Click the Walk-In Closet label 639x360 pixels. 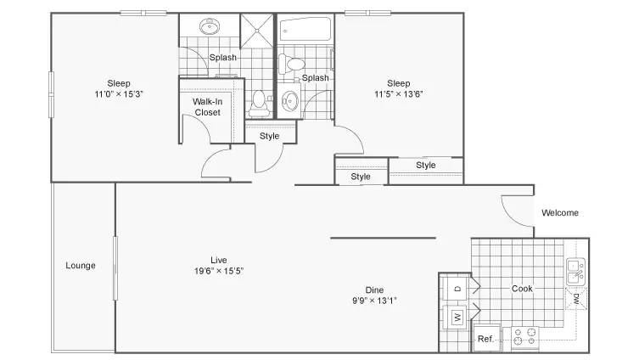pyautogui.click(x=207, y=107)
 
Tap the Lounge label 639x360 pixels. pyautogui.click(x=81, y=266)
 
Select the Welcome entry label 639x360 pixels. pyautogui.click(x=560, y=212)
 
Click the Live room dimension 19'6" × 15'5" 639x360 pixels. pyautogui.click(x=219, y=271)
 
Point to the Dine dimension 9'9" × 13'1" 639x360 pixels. pyautogui.click(x=374, y=301)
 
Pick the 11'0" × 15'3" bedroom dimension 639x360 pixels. pyautogui.click(x=119, y=94)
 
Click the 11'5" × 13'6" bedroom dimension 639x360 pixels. pyautogui.click(x=399, y=94)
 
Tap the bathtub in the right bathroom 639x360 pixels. pyautogui.click(x=305, y=29)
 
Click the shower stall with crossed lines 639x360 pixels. pyautogui.click(x=257, y=31)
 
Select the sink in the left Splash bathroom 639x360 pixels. pyautogui.click(x=210, y=26)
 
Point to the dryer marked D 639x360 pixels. pyautogui.click(x=457, y=289)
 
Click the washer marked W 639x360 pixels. pyautogui.click(x=457, y=317)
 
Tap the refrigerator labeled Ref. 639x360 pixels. pyautogui.click(x=486, y=338)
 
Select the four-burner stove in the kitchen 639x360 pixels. pyautogui.click(x=525, y=337)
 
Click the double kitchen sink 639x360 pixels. pyautogui.click(x=575, y=272)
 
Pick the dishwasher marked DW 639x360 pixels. pyautogui.click(x=576, y=298)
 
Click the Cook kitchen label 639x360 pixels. pyautogui.click(x=522, y=289)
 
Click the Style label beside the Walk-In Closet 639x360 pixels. pyautogui.click(x=269, y=136)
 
